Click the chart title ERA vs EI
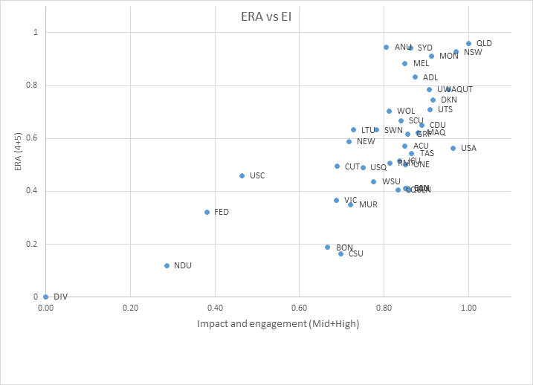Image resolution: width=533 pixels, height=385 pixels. pos(266,17)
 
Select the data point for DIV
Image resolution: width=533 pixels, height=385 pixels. pos(46,297)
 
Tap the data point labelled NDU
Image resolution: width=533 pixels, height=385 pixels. pos(167,265)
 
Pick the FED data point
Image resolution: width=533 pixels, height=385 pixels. pos(207,212)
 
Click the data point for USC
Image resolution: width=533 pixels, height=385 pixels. pos(242,175)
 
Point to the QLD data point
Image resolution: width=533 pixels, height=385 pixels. pos(468,44)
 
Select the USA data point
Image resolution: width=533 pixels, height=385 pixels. pos(453,148)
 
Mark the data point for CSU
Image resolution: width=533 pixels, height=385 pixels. pos(340,253)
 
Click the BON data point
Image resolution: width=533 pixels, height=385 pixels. pos(327,247)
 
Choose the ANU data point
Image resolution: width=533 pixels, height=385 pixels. pos(386,47)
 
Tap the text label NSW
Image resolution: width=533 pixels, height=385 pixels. pos(473,52)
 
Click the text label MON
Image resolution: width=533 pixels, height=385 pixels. pos(449,56)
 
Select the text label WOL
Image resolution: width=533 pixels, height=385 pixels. pos(406,111)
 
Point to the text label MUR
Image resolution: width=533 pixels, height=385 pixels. pos(368,204)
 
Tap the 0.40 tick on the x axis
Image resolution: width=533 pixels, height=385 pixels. pos(215,307)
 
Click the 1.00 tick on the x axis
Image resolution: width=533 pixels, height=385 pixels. pos(468,307)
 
